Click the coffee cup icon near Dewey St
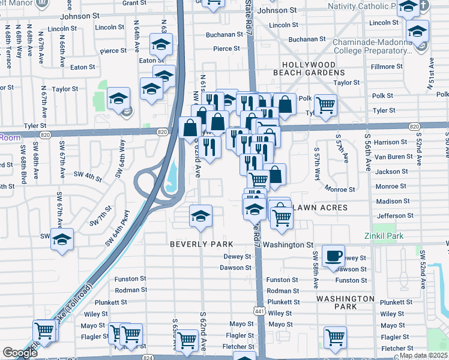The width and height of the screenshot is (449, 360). pos(334,256)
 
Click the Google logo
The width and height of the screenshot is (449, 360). pos(20,353)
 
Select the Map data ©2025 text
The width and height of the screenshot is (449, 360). pos(423,355)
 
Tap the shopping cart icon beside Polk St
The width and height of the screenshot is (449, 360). pos(325,105)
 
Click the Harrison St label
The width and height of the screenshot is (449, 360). pos(390,142)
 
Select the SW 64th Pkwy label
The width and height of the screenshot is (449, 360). pos(118,227)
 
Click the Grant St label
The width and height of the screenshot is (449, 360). pos(134,3)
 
